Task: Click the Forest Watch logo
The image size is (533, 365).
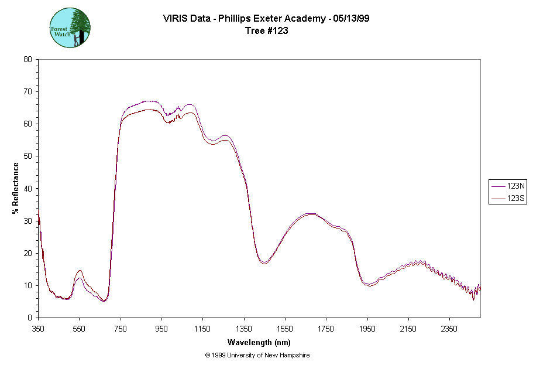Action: pos(70,28)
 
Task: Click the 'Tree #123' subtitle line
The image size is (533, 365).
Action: pos(266,31)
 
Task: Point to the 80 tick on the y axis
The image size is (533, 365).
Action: pos(27,59)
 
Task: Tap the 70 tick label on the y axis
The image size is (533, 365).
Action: pos(27,91)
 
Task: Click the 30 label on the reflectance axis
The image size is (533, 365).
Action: pos(27,221)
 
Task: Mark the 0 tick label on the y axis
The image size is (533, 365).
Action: pos(30,318)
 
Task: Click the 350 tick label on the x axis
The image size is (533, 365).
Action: pos(38,329)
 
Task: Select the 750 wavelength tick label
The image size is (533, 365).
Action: pos(121,329)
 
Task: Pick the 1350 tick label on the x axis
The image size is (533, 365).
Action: pos(244,329)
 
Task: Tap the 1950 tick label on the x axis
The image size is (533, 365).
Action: pos(367,329)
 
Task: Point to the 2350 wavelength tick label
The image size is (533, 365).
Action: pos(449,329)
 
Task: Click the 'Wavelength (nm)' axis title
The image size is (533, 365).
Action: pos(259,342)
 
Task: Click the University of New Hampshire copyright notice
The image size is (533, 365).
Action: pos(257,355)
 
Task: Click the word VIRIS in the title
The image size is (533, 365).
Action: pos(177,19)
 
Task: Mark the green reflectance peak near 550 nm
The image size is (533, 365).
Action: pos(80,271)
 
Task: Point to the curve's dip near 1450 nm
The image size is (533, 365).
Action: pos(264,263)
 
